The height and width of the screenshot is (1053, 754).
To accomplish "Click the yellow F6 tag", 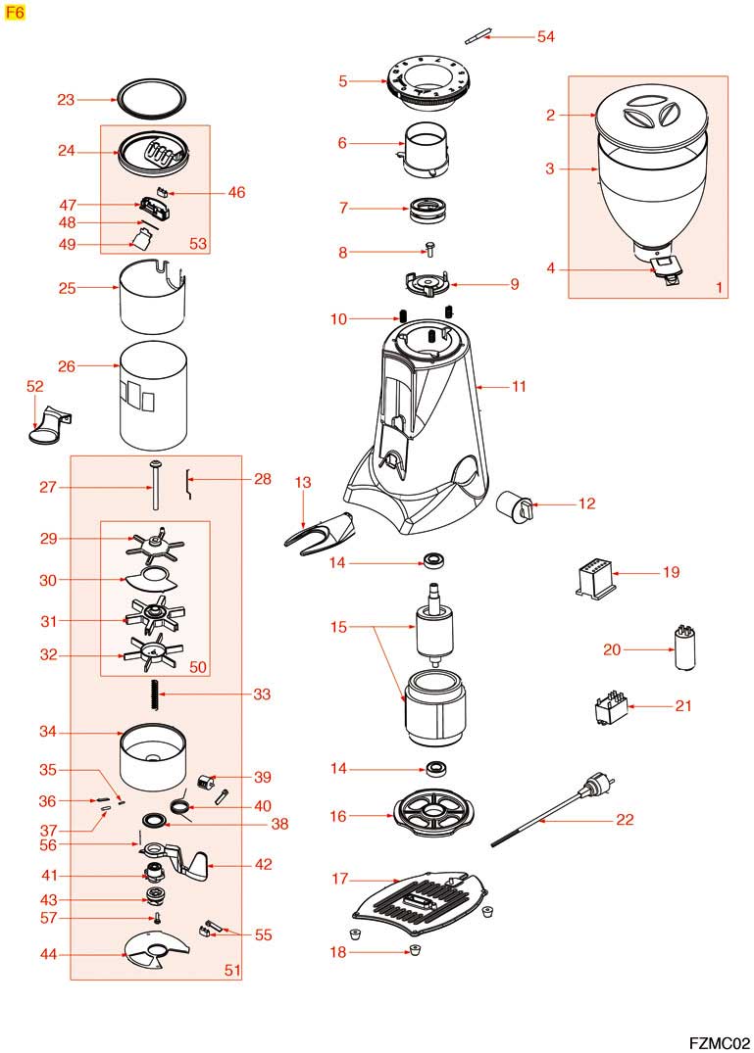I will (16, 14).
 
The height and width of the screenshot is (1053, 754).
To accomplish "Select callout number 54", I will (545, 36).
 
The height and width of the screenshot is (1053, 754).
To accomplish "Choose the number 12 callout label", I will (586, 504).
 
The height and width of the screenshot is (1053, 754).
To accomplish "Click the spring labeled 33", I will (154, 694).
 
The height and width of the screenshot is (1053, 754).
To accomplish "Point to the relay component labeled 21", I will (608, 708).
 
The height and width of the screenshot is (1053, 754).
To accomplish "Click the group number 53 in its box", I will (198, 244).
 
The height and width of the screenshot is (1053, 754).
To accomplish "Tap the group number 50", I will (198, 667).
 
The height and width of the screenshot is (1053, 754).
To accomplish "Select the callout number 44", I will (48, 955).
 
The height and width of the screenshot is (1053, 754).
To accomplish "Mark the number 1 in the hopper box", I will (719, 289).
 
